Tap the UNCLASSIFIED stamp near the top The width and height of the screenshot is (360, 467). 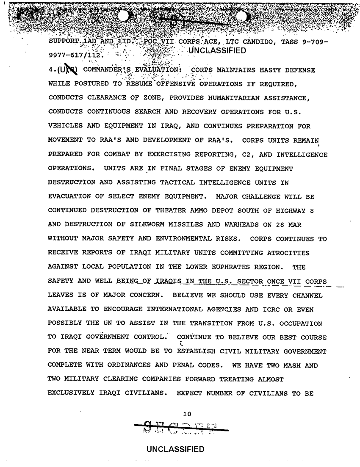[x=216, y=52]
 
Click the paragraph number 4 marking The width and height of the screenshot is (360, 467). [x=52, y=69]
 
